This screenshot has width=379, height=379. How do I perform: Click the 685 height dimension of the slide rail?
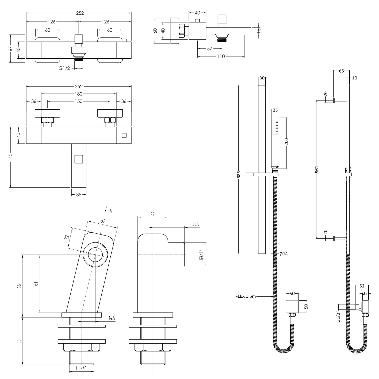pos(239,174)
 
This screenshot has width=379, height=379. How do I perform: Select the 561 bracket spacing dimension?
pos(317,169)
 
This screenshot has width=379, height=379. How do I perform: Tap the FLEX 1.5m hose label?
pos(246,296)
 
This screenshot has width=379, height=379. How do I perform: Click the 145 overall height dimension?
pos(11,157)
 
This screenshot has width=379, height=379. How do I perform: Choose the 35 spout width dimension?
pos(79,195)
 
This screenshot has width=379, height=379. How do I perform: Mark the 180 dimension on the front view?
pos(79,94)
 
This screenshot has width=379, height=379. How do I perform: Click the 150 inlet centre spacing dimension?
pos(79,101)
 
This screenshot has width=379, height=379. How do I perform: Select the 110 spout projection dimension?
pos(221,56)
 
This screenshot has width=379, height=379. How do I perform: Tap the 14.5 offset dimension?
pos(112,318)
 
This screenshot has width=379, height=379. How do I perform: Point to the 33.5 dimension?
pos(196,224)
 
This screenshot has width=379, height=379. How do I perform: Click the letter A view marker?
pos(111,211)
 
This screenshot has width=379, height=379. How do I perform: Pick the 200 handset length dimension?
pos(287,141)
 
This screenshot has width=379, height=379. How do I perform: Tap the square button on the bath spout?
pos(79,159)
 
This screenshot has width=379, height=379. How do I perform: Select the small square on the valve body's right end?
pos(124,135)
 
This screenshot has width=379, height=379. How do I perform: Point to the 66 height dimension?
pos(19,286)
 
